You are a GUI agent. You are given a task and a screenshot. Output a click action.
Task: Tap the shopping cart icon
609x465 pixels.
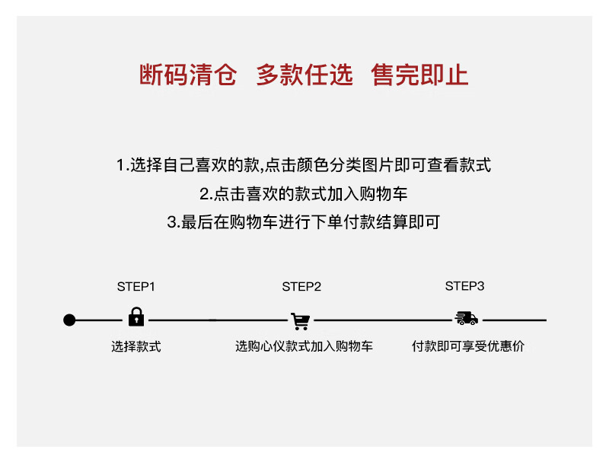(x=300, y=320)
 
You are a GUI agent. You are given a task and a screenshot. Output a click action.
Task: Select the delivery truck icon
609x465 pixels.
(x=465, y=318)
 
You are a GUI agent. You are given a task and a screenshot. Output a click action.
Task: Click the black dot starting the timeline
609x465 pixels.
(x=69, y=320)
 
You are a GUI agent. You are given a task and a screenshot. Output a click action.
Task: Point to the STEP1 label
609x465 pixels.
(x=136, y=287)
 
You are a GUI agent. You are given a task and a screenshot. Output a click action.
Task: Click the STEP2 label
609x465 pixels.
(x=301, y=287)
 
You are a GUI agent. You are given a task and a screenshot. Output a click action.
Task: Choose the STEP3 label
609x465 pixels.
(x=464, y=286)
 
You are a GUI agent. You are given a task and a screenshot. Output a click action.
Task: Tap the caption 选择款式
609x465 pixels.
(x=136, y=347)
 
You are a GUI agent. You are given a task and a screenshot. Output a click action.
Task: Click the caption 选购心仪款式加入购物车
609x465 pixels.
(x=304, y=347)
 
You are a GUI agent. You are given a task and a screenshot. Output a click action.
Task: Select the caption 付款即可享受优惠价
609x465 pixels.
(x=468, y=346)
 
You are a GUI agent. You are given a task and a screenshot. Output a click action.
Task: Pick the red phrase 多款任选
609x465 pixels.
(x=304, y=75)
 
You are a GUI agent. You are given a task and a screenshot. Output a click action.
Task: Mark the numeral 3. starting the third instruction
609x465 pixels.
(x=173, y=223)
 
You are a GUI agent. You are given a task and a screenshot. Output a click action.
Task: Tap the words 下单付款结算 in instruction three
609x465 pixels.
(x=360, y=223)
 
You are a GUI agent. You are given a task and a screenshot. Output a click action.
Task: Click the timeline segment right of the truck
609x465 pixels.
(x=515, y=320)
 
